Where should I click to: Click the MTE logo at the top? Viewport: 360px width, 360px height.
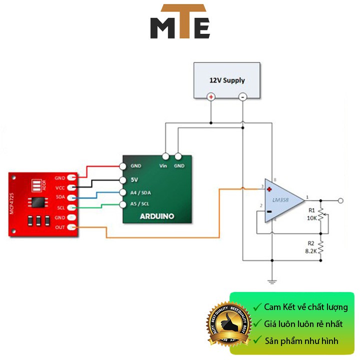[x=180, y=22]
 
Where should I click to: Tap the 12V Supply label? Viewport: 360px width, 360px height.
[x=227, y=80]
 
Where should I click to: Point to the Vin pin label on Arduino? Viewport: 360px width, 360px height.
[x=163, y=165]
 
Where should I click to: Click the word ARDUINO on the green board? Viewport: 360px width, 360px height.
[x=157, y=216]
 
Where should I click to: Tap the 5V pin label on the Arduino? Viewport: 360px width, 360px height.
[x=134, y=179]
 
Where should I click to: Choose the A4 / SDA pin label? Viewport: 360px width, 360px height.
[x=141, y=192]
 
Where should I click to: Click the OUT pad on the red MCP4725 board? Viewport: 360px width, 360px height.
[x=71, y=228]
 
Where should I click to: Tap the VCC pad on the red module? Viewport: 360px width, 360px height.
[x=71, y=187]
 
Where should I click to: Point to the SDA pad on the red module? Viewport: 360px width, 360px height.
[x=71, y=197]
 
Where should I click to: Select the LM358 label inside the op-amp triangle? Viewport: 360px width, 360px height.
[x=282, y=200]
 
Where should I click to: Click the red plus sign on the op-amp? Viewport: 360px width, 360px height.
[x=269, y=189]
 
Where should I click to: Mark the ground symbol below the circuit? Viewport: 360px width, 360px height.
[x=272, y=281]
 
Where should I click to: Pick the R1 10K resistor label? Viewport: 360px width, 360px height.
[x=311, y=214]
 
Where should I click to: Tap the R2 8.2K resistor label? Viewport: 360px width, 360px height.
[x=311, y=247]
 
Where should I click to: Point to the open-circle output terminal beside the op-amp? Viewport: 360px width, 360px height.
[x=340, y=201]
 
